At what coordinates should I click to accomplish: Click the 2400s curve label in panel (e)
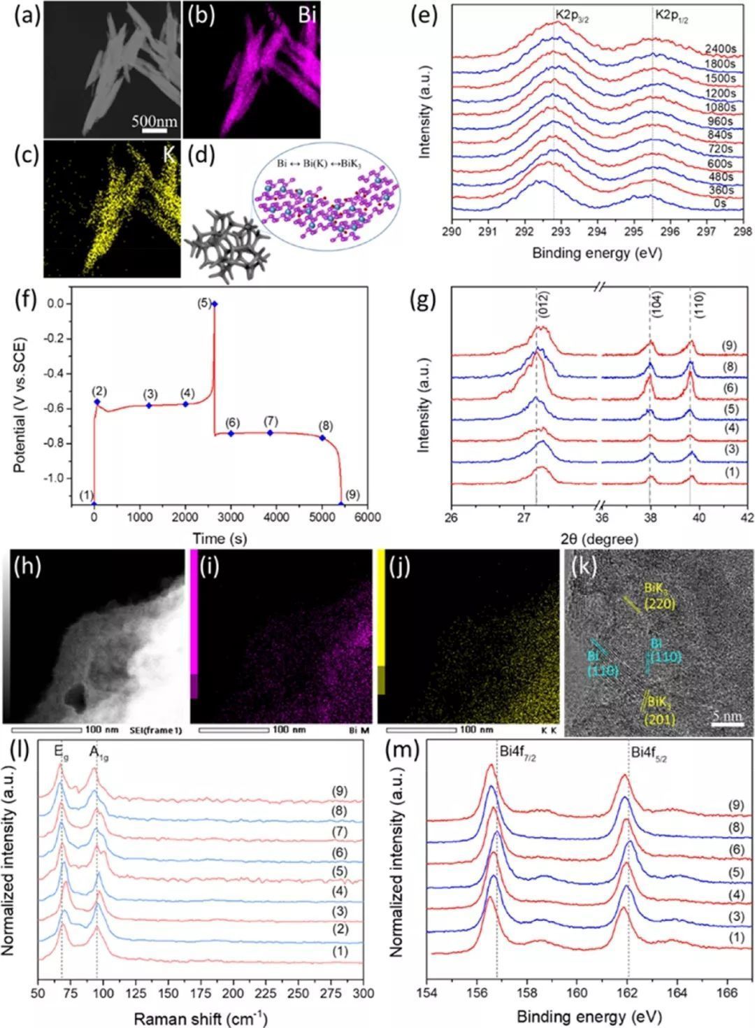point(719,50)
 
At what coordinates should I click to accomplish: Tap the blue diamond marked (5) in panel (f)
point(215,304)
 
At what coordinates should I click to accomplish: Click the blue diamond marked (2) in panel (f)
point(97,401)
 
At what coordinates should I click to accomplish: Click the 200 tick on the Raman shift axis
point(233,993)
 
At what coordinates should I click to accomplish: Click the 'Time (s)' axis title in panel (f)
point(220,538)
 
